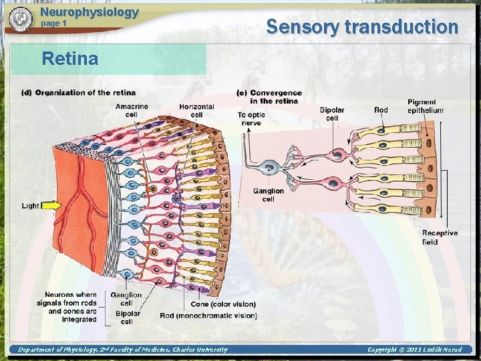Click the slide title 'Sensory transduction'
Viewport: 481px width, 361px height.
(362, 27)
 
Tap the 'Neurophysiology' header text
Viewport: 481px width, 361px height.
(90, 12)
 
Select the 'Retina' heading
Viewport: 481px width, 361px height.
(69, 59)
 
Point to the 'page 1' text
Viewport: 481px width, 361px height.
(54, 23)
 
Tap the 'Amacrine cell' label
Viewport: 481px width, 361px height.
(132, 110)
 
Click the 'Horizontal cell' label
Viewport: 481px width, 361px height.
(196, 110)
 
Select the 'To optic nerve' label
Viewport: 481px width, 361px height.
(251, 119)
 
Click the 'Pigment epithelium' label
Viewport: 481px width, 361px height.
(425, 106)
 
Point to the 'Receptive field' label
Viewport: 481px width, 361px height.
(440, 237)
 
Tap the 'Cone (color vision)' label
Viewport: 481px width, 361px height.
(223, 305)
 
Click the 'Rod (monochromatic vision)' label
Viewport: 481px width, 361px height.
(208, 316)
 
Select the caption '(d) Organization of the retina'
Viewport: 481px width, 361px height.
(79, 92)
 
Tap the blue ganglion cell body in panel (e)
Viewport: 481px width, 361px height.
(271, 168)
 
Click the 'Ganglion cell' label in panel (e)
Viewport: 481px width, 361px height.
(268, 195)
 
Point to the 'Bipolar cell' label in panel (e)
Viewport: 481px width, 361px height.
(332, 114)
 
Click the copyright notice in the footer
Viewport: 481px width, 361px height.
(414, 350)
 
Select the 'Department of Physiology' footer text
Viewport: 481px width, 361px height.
(122, 350)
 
